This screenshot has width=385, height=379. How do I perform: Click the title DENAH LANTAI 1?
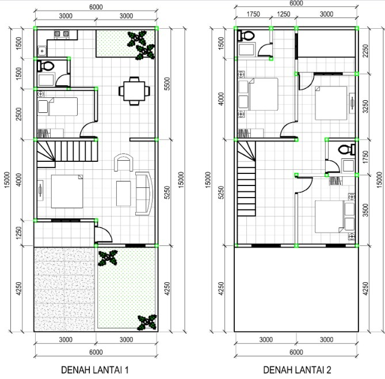tap(95, 369)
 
